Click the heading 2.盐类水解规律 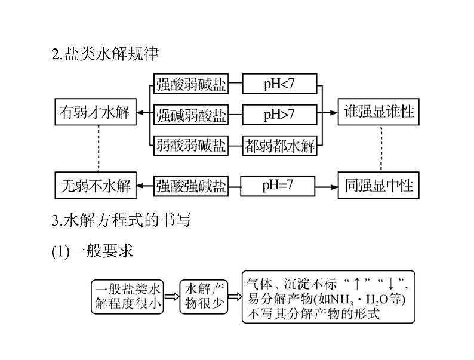106,54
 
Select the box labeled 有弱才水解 94,113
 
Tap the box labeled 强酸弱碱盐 191,85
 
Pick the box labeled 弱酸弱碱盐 191,146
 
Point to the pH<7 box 279,85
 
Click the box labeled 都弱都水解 279,146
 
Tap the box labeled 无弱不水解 94,186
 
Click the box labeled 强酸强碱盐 191,186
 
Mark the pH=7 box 278,186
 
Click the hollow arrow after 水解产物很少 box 235,297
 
